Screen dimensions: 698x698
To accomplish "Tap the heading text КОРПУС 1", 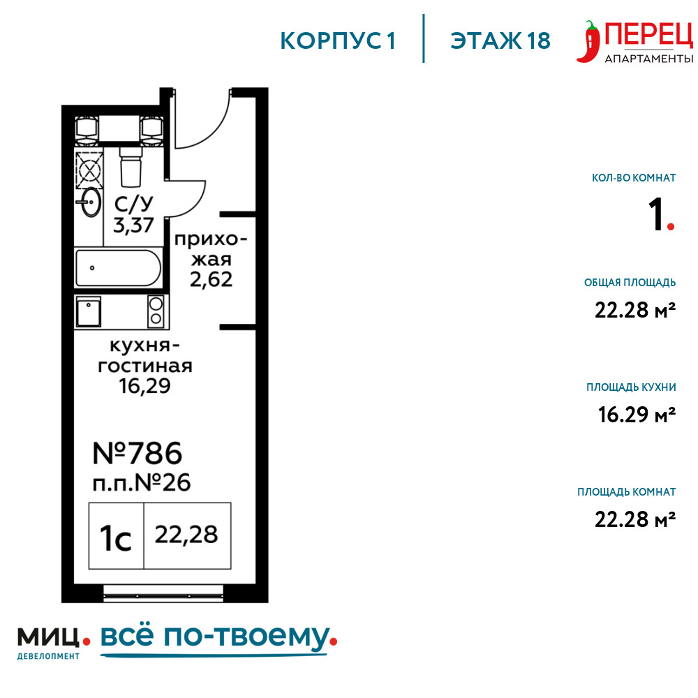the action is pyautogui.click(x=338, y=41).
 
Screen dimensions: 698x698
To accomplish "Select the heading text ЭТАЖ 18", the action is pyautogui.click(x=500, y=41).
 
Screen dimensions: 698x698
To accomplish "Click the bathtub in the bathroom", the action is pyautogui.click(x=119, y=268).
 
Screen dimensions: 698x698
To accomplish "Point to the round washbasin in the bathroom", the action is pyautogui.click(x=90, y=202).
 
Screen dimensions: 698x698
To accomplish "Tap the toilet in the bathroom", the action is pyautogui.click(x=131, y=167).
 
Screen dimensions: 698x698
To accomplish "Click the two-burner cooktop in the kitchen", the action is pyautogui.click(x=156, y=311).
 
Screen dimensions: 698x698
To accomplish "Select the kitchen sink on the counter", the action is pyautogui.click(x=89, y=311).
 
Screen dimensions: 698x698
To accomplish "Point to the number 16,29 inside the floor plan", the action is pyautogui.click(x=144, y=386).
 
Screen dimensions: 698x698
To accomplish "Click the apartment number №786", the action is pyautogui.click(x=137, y=454).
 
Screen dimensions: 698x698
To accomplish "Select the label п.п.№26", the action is pyautogui.click(x=142, y=483).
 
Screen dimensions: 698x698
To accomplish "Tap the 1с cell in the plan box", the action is pyautogui.click(x=116, y=536).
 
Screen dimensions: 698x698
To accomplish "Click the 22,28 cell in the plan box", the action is pyautogui.click(x=187, y=536).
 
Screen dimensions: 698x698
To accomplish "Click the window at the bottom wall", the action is pyautogui.click(x=163, y=593).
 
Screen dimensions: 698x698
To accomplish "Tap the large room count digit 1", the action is pyautogui.click(x=656, y=215).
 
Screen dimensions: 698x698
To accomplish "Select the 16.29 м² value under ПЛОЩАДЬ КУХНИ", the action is pyautogui.click(x=637, y=415).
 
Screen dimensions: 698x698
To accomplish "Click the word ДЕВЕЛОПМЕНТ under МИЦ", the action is pyautogui.click(x=49, y=656).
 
